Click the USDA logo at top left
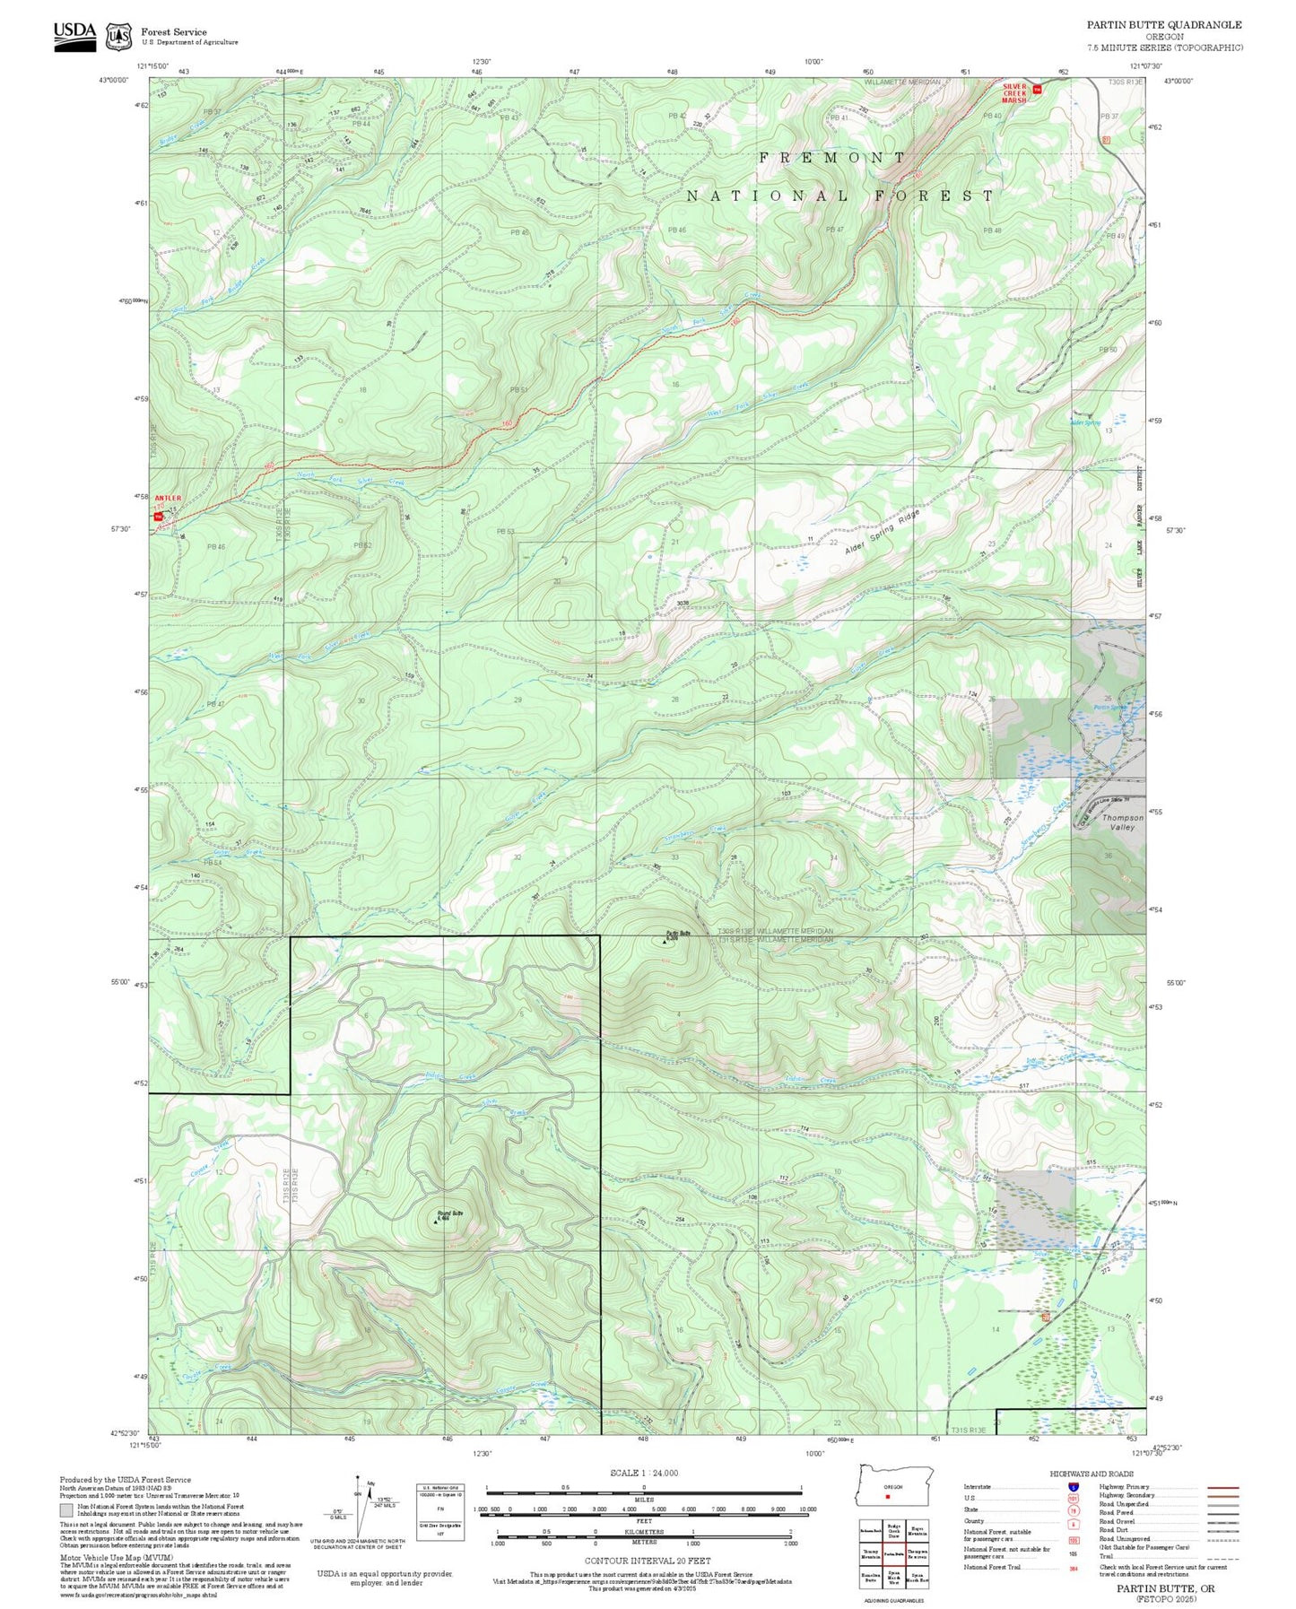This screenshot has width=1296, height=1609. pyautogui.click(x=74, y=36)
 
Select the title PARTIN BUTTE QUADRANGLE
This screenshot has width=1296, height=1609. pyautogui.click(x=1164, y=25)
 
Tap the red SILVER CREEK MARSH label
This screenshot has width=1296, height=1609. pyautogui.click(x=1013, y=93)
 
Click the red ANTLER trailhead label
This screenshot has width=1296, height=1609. pyautogui.click(x=168, y=498)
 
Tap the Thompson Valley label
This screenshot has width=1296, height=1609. pyautogui.click(x=1122, y=822)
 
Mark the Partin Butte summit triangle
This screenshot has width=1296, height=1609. pyautogui.click(x=665, y=942)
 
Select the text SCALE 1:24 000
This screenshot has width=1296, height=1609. pyautogui.click(x=643, y=1473)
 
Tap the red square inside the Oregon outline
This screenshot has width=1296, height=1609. pyautogui.click(x=887, y=1496)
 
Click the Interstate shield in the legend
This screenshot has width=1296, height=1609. pyautogui.click(x=1072, y=1487)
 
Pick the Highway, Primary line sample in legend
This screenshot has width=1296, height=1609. pyautogui.click(x=1223, y=1487)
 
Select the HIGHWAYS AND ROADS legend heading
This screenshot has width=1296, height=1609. pyautogui.click(x=1092, y=1474)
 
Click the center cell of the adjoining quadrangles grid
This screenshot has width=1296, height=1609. pyautogui.click(x=893, y=1553)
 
